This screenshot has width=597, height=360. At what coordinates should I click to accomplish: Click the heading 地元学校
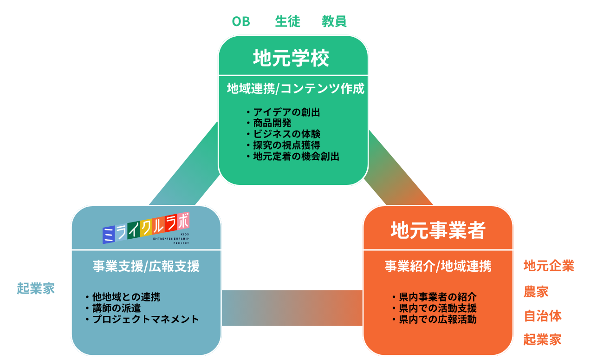291,59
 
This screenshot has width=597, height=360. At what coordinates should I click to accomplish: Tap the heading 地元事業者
438,230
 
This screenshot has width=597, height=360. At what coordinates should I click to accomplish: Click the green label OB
240,21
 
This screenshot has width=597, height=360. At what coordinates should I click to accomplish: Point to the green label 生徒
288,21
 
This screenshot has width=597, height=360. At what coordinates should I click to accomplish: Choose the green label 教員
334,21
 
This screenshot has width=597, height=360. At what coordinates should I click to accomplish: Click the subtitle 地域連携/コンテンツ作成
296,89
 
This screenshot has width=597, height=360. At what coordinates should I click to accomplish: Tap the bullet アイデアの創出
286,112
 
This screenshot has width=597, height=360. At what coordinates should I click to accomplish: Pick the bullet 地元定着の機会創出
296,157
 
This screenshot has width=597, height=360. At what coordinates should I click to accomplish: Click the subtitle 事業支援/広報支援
146,266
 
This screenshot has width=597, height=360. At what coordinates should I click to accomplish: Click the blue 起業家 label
36,288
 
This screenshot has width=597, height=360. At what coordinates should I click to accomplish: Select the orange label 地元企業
549,266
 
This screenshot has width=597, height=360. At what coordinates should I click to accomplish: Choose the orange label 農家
536,291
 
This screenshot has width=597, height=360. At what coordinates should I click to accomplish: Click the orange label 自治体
543,316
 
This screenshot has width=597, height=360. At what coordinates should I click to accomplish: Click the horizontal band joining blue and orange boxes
292,308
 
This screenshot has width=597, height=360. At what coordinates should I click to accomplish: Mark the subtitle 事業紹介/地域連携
438,266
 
